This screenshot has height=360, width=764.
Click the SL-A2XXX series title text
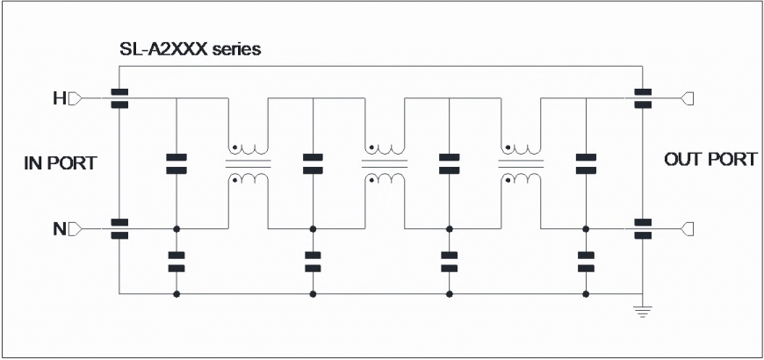[190, 49]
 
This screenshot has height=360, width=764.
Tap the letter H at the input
[59, 99]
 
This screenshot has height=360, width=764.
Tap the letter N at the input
[59, 228]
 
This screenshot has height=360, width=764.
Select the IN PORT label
[61, 163]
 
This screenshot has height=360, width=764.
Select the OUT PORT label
[711, 159]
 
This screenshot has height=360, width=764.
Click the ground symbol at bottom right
[643, 312]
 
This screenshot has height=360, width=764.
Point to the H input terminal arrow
[75, 99]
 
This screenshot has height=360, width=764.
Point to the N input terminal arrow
[75, 228]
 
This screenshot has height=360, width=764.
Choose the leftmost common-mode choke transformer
[248, 163]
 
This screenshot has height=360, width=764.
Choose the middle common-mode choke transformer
[385, 163]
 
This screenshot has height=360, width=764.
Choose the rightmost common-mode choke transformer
[521, 163]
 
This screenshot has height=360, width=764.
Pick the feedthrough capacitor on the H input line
[119, 98]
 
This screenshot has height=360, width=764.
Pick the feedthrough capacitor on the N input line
[119, 229]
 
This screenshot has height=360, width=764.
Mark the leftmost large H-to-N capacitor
[177, 163]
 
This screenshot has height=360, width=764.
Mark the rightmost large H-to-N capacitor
[586, 163]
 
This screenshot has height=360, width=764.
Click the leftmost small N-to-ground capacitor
[177, 262]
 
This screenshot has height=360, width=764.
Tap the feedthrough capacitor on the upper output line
[643, 98]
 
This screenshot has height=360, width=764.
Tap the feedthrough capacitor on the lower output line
[643, 229]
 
